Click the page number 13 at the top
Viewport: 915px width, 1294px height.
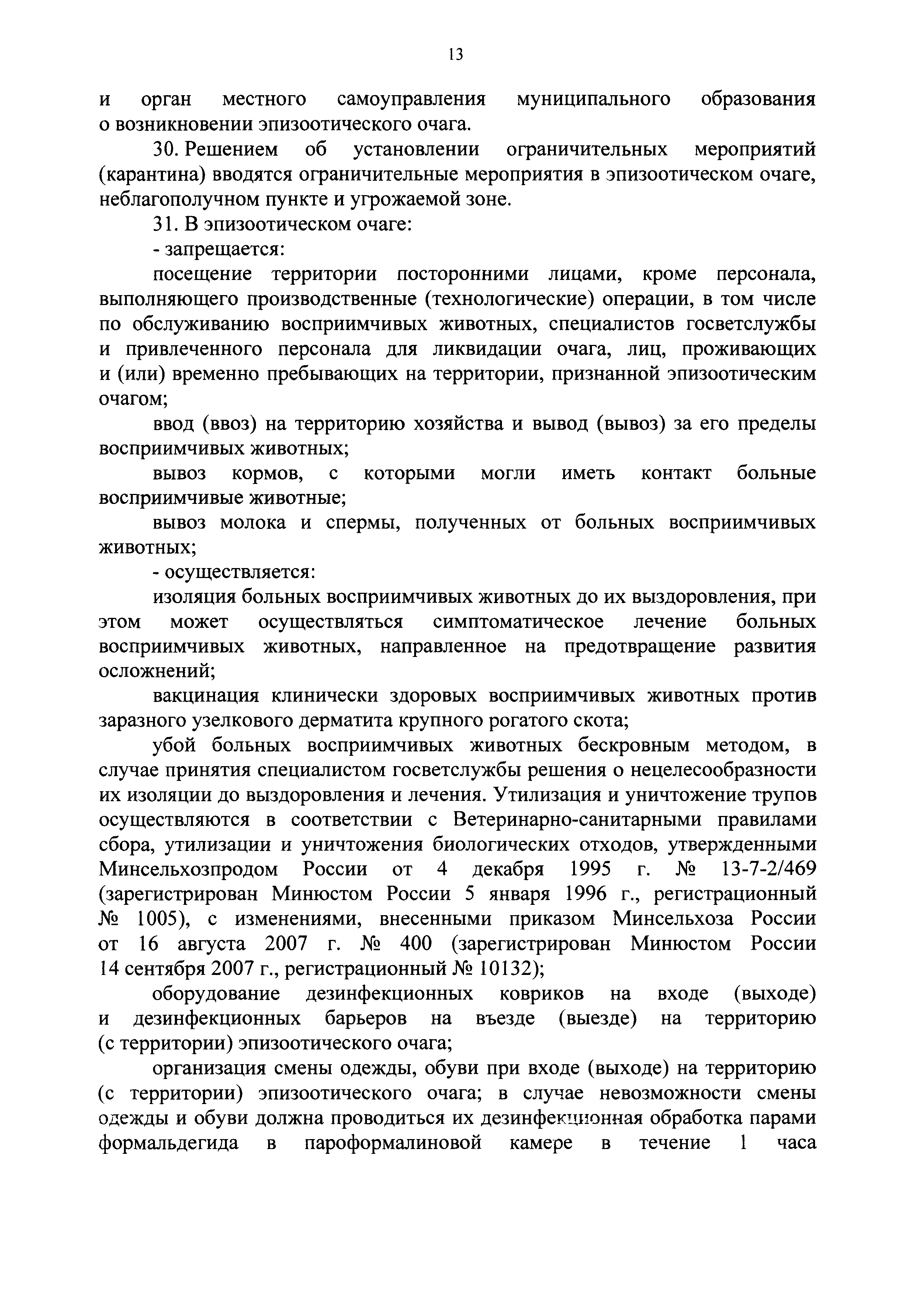(x=456, y=55)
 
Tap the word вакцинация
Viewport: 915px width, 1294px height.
(x=206, y=696)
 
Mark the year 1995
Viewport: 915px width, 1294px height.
(x=590, y=870)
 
